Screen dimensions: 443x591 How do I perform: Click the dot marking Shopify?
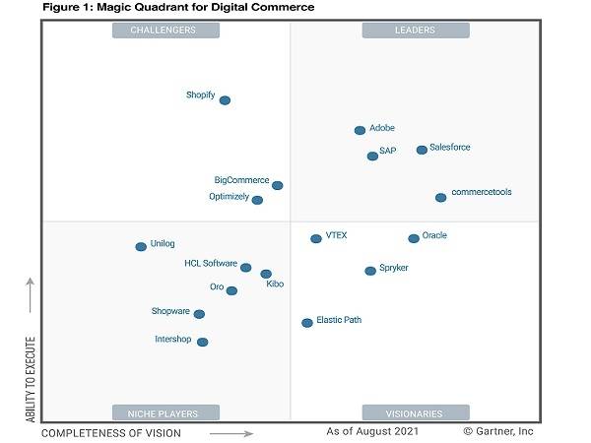pyautogui.click(x=225, y=100)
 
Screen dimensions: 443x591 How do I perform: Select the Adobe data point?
pyautogui.click(x=361, y=130)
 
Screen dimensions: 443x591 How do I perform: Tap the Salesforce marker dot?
pyautogui.click(x=422, y=150)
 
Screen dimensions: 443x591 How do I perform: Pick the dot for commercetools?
pyautogui.click(x=440, y=198)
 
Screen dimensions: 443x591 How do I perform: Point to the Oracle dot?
pyautogui.click(x=414, y=238)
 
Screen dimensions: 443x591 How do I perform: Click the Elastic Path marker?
pyautogui.click(x=307, y=322)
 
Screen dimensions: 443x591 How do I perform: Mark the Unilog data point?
pyautogui.click(x=141, y=247)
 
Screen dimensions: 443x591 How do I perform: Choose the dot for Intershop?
pyautogui.click(x=203, y=343)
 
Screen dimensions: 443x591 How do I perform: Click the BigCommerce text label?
pyautogui.click(x=241, y=180)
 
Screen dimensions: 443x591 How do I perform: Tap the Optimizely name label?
pyautogui.click(x=229, y=197)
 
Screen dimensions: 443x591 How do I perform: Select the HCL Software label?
pyautogui.click(x=211, y=264)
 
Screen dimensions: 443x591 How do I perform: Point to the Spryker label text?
pyautogui.click(x=394, y=268)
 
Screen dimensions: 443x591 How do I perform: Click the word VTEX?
pyautogui.click(x=336, y=236)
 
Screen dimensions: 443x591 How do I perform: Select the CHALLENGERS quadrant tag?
pyautogui.click(x=165, y=30)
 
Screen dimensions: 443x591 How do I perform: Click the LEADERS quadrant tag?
pyautogui.click(x=415, y=30)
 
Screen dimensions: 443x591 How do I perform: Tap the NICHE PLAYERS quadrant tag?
pyautogui.click(x=165, y=413)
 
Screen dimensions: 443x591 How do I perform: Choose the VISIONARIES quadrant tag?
pyautogui.click(x=415, y=413)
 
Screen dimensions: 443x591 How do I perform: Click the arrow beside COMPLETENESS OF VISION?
pyautogui.click(x=231, y=432)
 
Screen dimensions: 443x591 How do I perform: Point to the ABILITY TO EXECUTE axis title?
pyautogui.click(x=30, y=381)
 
